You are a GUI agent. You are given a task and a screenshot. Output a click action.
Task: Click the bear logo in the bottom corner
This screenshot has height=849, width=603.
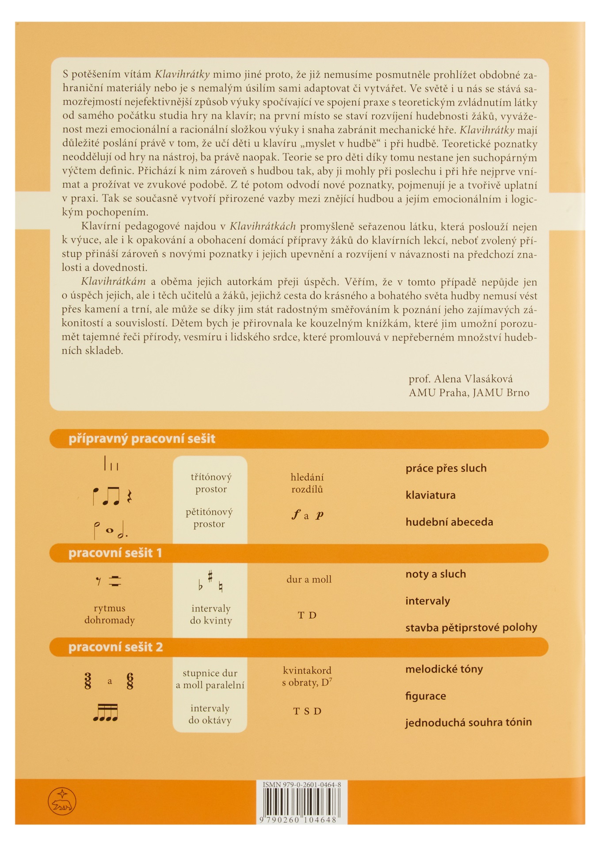62,801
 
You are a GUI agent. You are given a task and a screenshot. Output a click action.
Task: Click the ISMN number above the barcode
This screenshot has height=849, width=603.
302,784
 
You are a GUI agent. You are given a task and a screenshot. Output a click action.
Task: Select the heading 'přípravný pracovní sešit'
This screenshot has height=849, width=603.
141,439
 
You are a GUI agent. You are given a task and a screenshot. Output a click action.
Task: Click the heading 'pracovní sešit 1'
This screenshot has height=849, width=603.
115,553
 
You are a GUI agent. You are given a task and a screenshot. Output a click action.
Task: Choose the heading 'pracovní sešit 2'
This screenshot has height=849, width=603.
115,647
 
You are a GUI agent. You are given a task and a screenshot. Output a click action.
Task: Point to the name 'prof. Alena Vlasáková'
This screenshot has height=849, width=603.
461,379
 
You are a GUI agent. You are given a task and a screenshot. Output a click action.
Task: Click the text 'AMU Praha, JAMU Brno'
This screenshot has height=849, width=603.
469,393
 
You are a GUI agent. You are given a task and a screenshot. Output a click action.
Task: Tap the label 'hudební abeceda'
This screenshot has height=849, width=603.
449,522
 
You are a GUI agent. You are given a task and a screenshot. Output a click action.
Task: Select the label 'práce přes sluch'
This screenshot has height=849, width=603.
446,468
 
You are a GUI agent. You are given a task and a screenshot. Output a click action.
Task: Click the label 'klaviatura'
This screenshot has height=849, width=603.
430,495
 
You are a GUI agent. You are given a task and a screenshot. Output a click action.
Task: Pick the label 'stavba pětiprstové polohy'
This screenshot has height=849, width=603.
471,627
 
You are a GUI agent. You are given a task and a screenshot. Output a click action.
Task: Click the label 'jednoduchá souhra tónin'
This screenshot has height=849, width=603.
468,722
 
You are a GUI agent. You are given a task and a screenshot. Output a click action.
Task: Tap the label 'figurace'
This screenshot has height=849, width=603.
425,696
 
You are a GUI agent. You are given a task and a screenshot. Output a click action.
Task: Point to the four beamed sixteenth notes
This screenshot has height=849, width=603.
106,712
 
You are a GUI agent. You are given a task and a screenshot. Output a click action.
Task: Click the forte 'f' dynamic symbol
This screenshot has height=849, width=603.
295,514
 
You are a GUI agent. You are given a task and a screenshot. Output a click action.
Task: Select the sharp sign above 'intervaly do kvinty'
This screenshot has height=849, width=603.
210,576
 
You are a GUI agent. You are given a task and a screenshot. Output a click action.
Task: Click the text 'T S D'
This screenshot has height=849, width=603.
307,711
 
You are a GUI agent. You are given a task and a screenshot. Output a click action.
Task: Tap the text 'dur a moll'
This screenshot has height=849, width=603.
309,579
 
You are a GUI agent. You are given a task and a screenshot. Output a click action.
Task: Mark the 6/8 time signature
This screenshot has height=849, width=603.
130,681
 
